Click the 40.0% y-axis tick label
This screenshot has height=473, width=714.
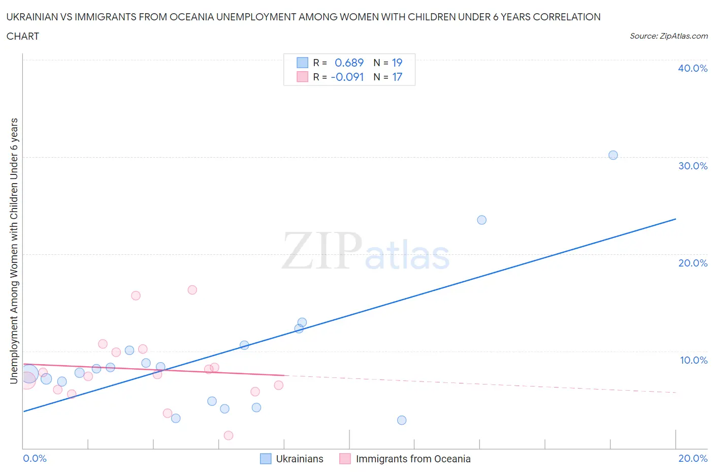692,68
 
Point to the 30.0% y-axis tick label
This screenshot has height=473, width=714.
692,166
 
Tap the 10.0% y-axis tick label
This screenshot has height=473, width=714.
693,360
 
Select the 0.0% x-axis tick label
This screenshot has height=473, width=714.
35,458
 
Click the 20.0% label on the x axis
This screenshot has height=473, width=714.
693,458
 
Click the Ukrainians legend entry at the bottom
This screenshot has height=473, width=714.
299,459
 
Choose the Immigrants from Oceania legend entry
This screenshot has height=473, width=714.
413,459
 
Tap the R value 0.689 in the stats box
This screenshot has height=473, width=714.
349,63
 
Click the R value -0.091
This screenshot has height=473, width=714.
347,77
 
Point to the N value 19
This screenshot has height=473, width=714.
397,63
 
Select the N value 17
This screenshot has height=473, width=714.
397,77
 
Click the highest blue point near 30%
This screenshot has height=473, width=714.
613,155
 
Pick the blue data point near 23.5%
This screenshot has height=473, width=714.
482,220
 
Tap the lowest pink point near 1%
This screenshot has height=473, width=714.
229,435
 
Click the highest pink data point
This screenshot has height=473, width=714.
192,290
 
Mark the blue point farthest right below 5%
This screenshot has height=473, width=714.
402,420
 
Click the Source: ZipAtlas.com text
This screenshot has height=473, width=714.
668,36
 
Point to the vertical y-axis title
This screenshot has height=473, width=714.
14,251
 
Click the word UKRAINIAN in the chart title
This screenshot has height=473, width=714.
33,17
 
